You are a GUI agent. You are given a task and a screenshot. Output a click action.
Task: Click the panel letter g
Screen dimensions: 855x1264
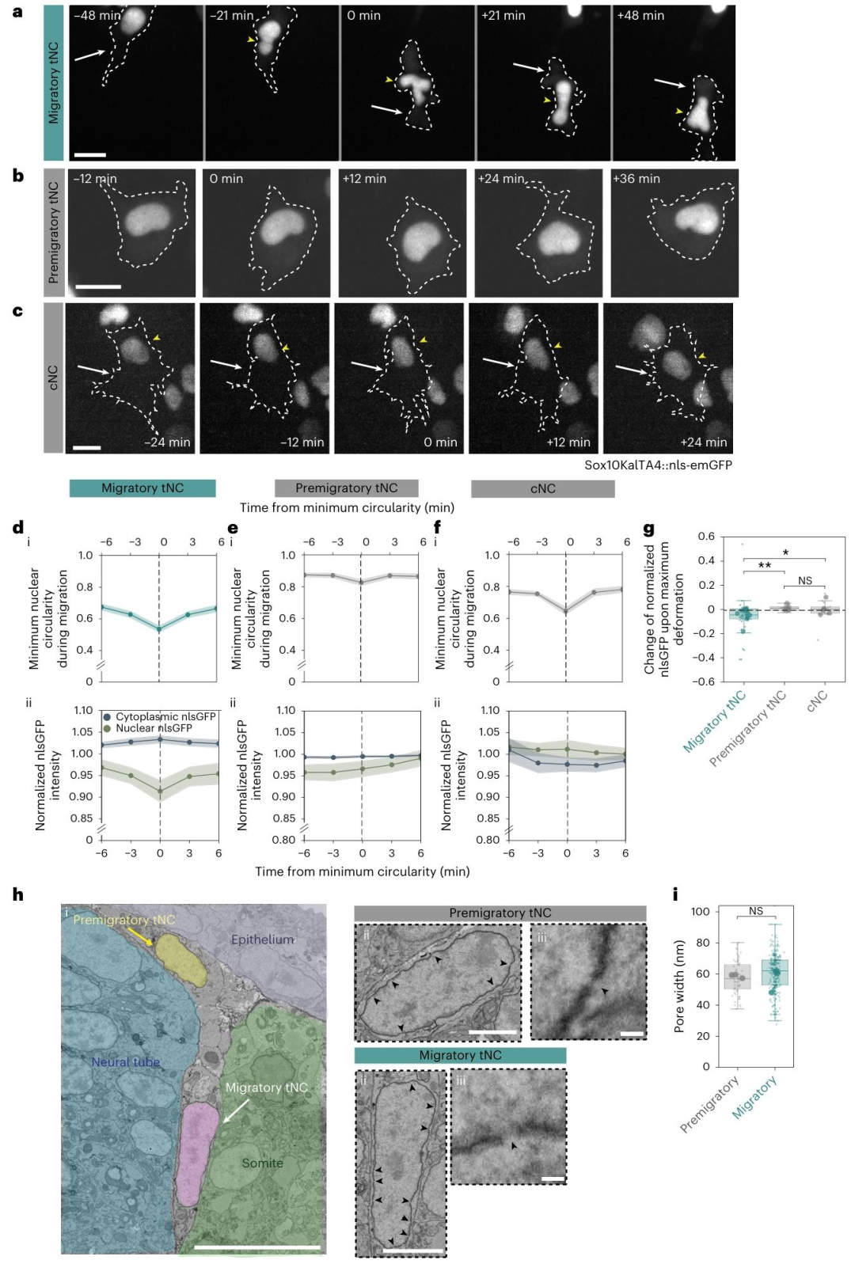click(649, 530)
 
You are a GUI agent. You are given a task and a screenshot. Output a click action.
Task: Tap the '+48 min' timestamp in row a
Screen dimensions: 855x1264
click(640, 16)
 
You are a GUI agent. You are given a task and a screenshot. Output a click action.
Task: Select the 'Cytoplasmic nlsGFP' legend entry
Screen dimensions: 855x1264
click(159, 716)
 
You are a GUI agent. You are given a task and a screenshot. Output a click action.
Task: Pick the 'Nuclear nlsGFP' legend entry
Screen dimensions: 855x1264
click(147, 728)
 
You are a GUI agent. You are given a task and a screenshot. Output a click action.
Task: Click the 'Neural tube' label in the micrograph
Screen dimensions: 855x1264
click(125, 1062)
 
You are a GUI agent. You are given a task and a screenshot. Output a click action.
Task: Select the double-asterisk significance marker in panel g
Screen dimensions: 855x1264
click(765, 565)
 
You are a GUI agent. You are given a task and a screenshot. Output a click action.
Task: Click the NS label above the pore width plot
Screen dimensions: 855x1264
click(756, 911)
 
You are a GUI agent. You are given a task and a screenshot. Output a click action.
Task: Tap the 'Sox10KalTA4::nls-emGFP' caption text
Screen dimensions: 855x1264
click(658, 465)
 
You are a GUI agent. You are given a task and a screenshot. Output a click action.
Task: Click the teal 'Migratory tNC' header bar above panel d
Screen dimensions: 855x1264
click(142, 488)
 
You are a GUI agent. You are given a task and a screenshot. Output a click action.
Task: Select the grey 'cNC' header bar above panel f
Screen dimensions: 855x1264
click(543, 488)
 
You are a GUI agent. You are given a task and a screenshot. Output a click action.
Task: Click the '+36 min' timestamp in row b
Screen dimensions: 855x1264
click(636, 179)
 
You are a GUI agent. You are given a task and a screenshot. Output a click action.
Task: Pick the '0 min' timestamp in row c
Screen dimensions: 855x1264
click(439, 442)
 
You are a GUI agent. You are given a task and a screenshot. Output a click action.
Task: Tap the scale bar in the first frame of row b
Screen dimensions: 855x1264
click(98, 287)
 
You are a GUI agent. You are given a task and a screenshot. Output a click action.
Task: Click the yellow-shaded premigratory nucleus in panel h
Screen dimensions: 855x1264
click(181, 960)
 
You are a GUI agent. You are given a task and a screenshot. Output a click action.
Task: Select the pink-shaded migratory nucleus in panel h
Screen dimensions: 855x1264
click(197, 1153)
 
